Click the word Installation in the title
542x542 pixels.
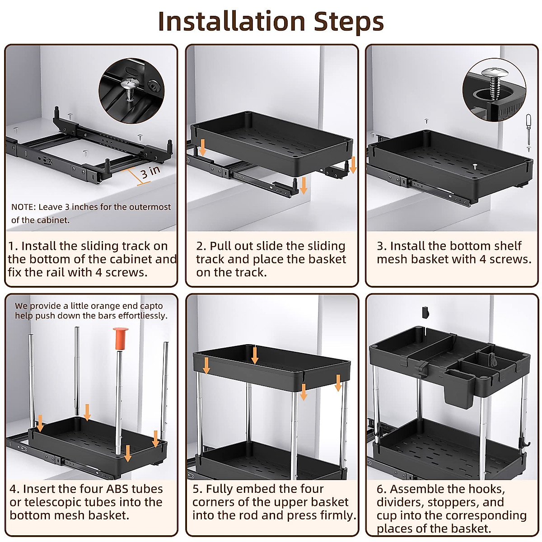coord(232,22)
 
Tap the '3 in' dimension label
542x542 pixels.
coord(150,172)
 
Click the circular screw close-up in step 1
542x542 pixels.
coord(131,90)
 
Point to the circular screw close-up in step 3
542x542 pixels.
coord(494,89)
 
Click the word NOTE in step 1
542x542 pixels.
coord(23,207)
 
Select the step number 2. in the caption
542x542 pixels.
coord(201,246)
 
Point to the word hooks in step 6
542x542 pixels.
coord(486,489)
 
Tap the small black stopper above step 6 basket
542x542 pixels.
coord(425,312)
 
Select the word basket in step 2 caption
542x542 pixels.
coord(325,259)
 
